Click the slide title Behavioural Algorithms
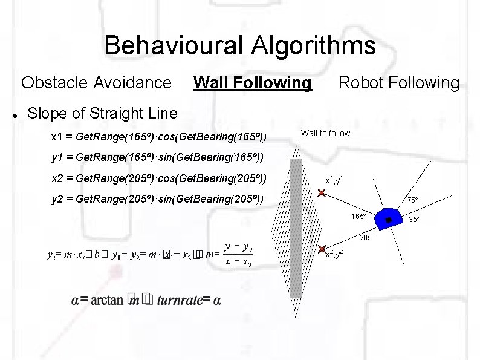click(239, 45)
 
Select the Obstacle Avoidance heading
click(96, 82)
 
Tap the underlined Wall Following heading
click(252, 82)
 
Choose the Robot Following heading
click(398, 82)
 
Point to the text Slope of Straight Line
click(103, 113)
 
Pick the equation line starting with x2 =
click(159, 179)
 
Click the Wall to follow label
click(325, 133)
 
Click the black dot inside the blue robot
click(389, 218)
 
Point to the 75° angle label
click(412, 200)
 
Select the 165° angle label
click(359, 217)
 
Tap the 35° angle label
click(415, 219)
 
